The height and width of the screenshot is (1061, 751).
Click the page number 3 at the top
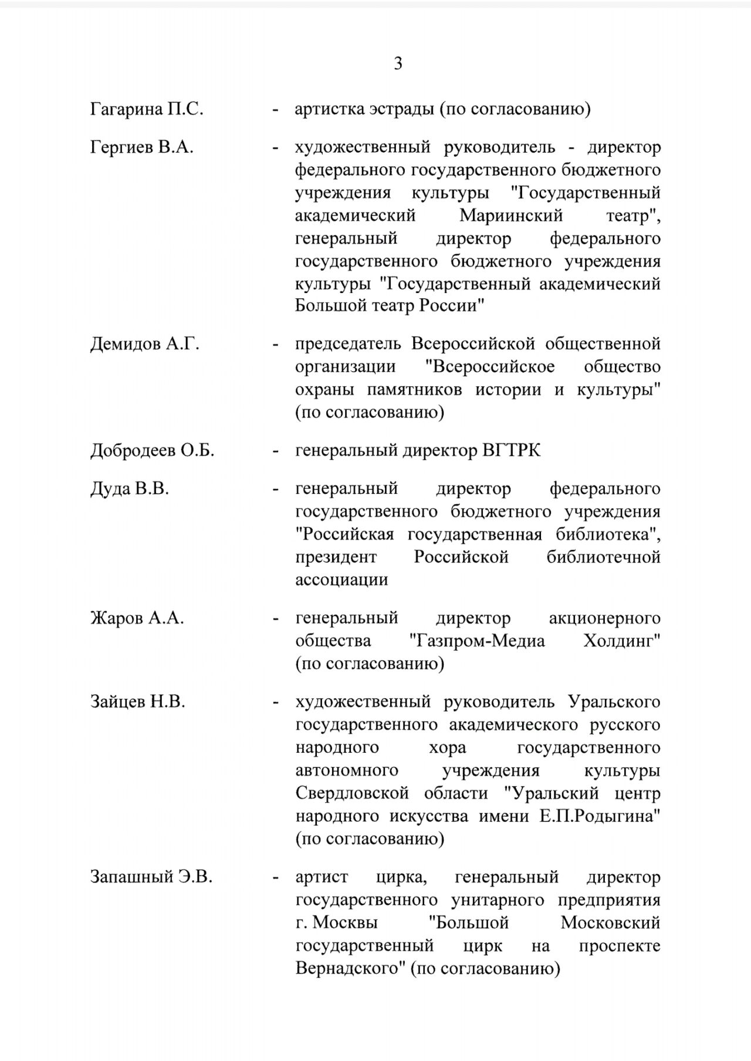(x=398, y=63)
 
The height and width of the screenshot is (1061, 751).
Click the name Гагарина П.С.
(x=147, y=109)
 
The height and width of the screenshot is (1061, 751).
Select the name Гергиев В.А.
(x=141, y=147)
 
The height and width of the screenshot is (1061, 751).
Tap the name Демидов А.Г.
(x=144, y=343)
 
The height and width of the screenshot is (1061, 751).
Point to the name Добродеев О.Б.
(x=152, y=451)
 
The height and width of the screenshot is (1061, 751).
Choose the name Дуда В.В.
(x=129, y=489)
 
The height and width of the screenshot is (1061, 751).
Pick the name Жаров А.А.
(x=137, y=618)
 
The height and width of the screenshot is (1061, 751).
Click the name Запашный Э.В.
(x=151, y=878)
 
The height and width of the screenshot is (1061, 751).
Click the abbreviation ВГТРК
(x=511, y=451)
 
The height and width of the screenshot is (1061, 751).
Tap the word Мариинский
(x=511, y=215)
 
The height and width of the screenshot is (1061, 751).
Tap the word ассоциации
(x=341, y=580)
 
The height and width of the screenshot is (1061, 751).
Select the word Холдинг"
(x=622, y=641)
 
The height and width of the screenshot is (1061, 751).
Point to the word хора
(x=448, y=747)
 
